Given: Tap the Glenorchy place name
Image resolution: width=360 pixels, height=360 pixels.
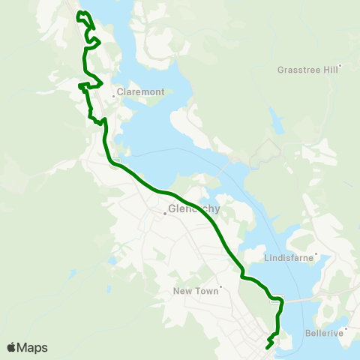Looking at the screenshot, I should tap(195, 209).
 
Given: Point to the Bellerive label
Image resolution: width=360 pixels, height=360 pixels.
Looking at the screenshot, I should tap(325, 331).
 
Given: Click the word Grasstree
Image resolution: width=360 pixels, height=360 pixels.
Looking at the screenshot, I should tap(295, 69).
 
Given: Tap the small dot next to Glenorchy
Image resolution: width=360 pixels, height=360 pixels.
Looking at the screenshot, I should tap(166, 214).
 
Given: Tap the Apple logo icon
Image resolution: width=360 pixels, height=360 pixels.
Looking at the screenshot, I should tap(11, 347).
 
